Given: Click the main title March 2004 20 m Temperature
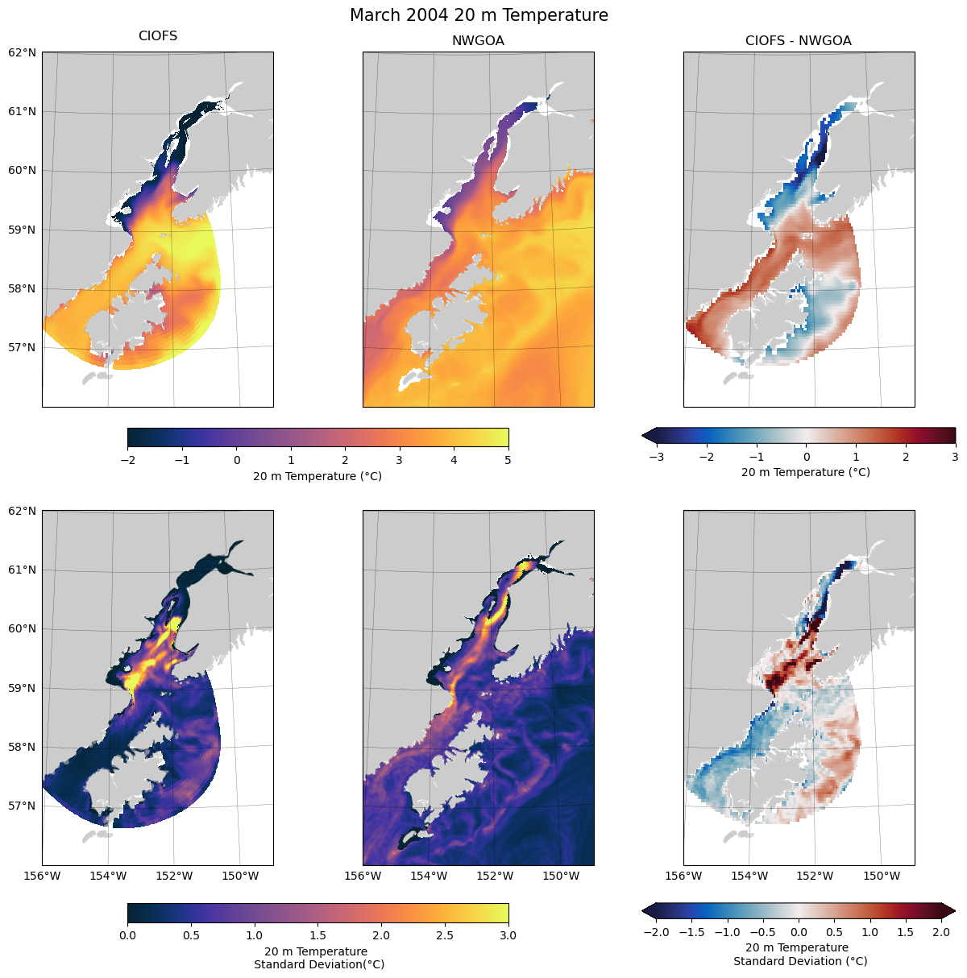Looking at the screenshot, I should pos(479,15).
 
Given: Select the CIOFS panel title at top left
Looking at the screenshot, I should pos(158,36).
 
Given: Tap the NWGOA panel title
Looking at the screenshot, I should pos(478,41).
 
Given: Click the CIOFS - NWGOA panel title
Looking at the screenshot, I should pos(798,41).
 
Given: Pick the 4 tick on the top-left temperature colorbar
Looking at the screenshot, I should pos(454,461).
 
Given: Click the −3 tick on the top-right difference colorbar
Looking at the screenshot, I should pos(656,457).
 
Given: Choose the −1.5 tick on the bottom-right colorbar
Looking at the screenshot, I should pos(691,932).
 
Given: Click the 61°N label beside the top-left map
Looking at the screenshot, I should pos(23,111).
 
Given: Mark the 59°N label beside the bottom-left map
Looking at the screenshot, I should pos(23,688).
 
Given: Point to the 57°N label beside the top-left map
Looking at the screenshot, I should pos(23,347).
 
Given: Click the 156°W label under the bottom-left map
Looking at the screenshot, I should pos(42,876).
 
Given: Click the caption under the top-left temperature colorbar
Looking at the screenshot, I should pos(317,476).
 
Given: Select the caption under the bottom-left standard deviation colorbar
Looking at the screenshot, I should pos(317,958).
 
